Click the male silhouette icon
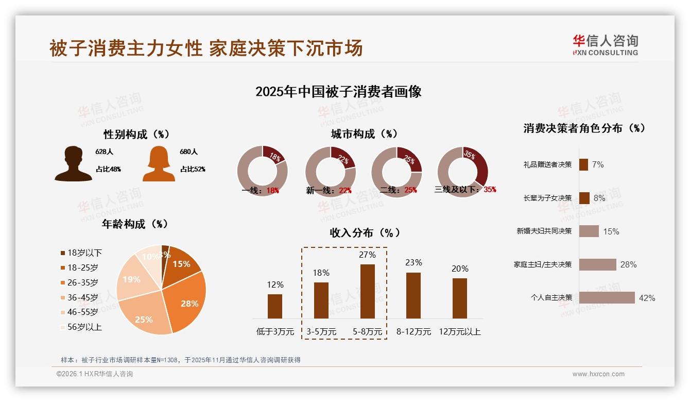(73, 163)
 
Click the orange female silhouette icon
(159, 163)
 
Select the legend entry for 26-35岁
(82, 282)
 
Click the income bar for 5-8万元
(368, 291)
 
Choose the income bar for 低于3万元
(275, 306)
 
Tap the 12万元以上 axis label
(460, 332)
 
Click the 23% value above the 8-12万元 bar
(413, 263)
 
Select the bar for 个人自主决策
(607, 298)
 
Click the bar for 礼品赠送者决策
(583, 164)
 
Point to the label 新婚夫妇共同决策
(544, 231)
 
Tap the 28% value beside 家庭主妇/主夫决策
(628, 265)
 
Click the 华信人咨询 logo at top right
(605, 45)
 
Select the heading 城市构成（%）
(364, 134)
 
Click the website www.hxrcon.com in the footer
(598, 374)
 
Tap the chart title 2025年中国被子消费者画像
(338, 92)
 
